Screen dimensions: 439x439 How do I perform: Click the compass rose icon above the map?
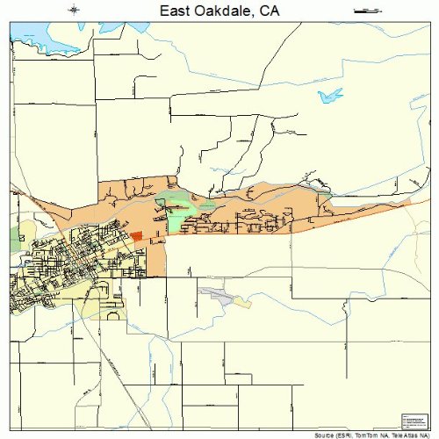(x=74, y=10)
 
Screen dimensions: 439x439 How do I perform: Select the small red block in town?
(x=136, y=235)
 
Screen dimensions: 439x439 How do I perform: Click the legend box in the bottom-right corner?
(x=412, y=421)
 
